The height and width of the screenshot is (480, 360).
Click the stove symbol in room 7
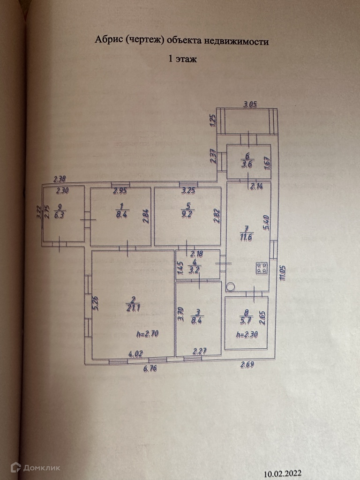261,269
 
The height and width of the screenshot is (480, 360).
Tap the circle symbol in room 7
230,287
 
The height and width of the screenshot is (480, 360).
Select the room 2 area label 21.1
131,308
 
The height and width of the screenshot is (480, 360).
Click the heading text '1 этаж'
183,59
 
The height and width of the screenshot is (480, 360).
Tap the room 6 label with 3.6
247,164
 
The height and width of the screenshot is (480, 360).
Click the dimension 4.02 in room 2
135,356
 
